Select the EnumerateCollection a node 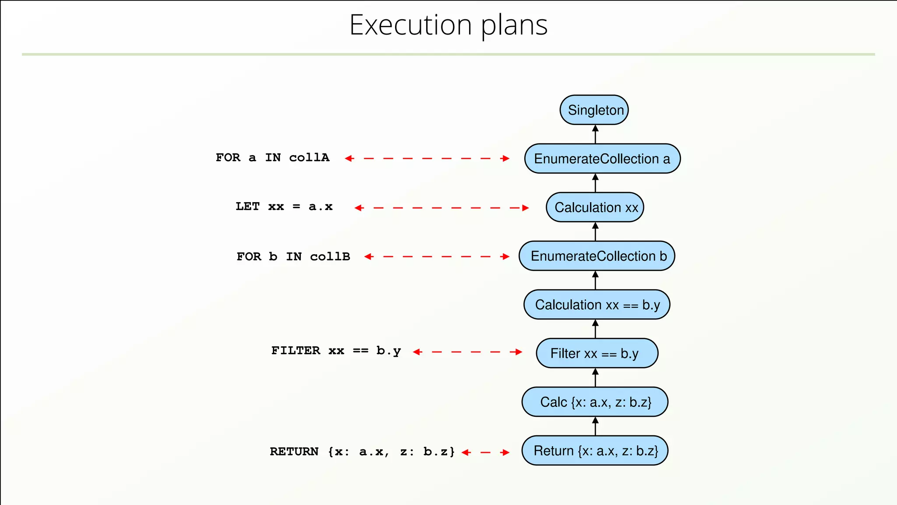(x=602, y=159)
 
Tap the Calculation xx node (x=595, y=207)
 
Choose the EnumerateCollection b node (x=597, y=256)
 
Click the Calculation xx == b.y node (x=597, y=305)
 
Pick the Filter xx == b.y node (x=597, y=353)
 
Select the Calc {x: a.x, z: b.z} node (x=595, y=402)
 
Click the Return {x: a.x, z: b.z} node (x=595, y=451)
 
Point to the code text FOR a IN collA (x=272, y=158)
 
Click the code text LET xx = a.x (x=284, y=206)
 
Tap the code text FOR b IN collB (x=293, y=256)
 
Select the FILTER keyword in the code (x=296, y=351)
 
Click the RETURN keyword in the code (x=294, y=452)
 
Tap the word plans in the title (x=514, y=26)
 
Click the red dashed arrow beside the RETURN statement (x=485, y=452)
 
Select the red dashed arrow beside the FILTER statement (x=467, y=352)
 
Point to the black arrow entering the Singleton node (x=595, y=134)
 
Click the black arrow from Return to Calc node (x=595, y=426)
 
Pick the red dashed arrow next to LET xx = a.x (x=441, y=208)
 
